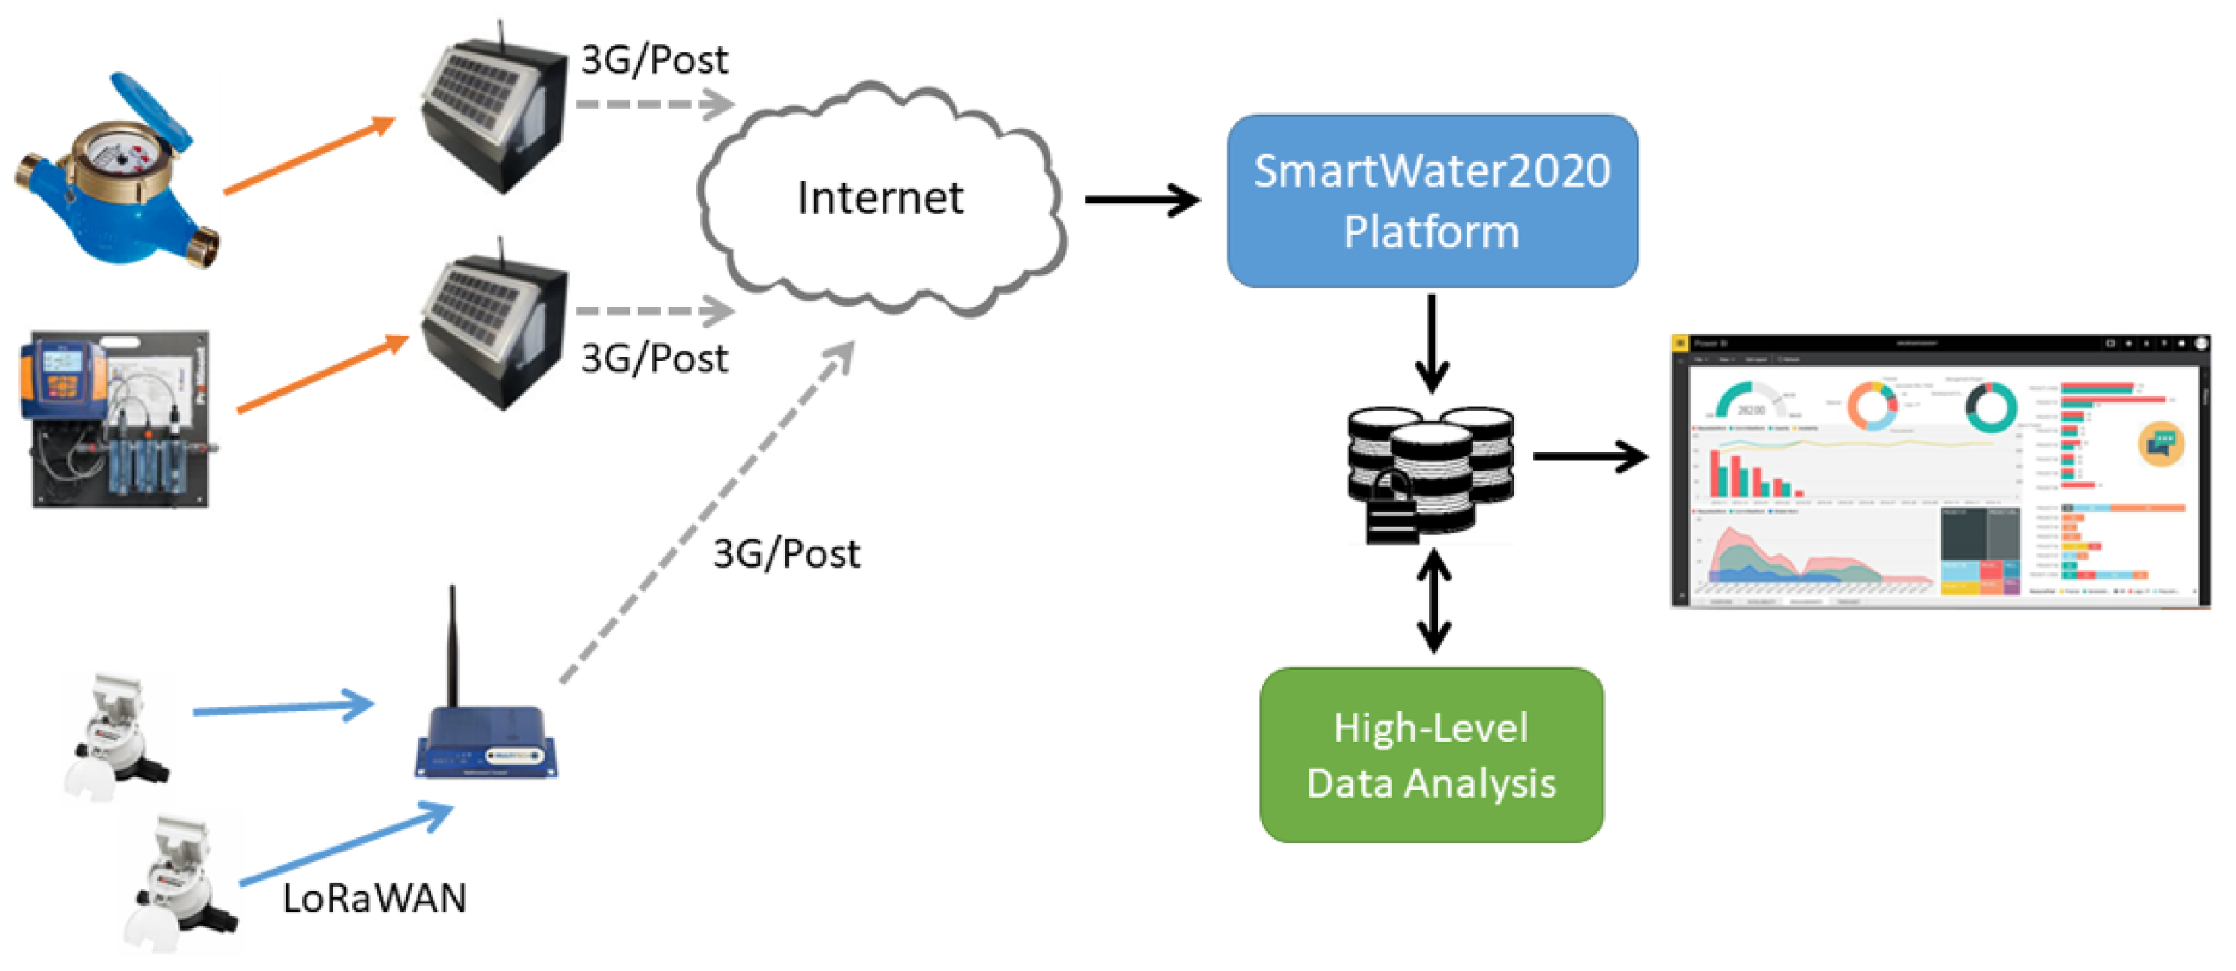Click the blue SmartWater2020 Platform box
(1432, 201)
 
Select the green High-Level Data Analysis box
(1432, 755)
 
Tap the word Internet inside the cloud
(880, 199)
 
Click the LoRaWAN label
(374, 898)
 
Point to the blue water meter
(117, 174)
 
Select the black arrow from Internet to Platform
(1142, 200)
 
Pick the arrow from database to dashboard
(1588, 456)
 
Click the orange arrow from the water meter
(308, 156)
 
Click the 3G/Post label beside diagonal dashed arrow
(785, 553)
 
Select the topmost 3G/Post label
(654, 60)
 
